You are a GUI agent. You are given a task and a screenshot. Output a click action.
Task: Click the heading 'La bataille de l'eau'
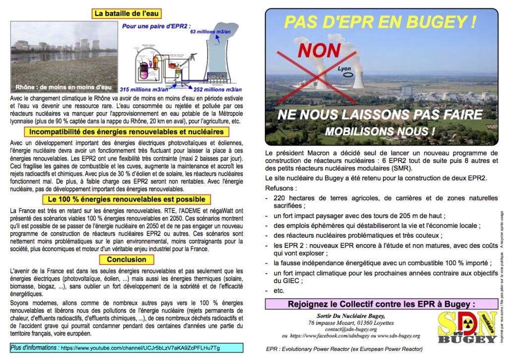127,13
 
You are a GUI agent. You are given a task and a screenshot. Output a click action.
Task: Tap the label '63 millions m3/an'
210,31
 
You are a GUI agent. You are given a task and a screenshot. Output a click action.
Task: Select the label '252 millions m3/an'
218,89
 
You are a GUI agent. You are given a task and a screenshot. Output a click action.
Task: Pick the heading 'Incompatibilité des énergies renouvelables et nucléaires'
127,132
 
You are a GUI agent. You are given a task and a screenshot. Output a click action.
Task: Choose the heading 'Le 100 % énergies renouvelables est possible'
127,200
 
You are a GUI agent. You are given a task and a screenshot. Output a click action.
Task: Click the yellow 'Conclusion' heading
127,259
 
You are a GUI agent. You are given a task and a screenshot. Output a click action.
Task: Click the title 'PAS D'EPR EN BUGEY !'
381,22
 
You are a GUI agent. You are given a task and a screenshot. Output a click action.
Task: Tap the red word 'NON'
319,50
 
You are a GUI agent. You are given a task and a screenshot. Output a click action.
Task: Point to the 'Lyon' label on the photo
345,69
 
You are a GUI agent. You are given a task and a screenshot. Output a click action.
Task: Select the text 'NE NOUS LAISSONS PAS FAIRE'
380,115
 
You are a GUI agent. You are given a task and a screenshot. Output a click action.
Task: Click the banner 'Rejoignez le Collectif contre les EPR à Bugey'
381,304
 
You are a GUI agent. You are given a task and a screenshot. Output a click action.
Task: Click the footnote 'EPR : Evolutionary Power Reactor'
344,349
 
